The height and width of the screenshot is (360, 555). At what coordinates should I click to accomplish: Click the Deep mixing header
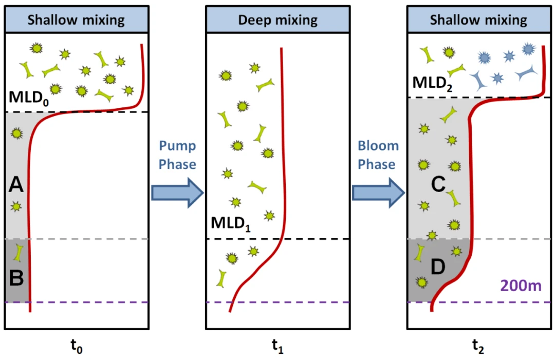[x=277, y=21]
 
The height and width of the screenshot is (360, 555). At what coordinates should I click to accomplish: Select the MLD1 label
[x=231, y=223]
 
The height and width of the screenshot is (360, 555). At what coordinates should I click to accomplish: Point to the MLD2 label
[x=436, y=83]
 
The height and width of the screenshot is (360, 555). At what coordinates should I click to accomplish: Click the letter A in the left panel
[x=16, y=184]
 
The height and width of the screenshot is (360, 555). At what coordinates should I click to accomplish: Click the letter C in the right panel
[x=437, y=184]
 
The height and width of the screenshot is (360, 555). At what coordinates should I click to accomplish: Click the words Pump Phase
[x=177, y=155]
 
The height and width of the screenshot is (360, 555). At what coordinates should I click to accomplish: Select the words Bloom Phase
[x=379, y=155]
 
